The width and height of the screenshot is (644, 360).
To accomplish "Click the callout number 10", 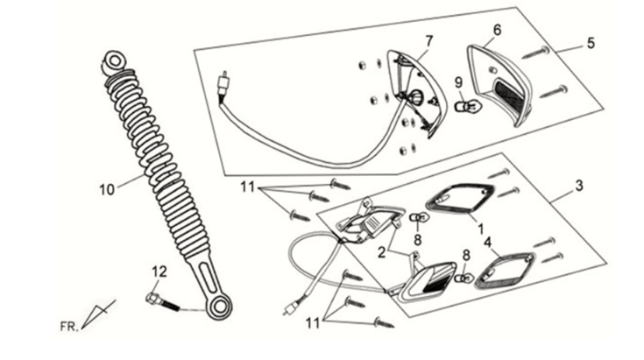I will click(x=106, y=187).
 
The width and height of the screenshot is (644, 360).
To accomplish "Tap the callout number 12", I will click(x=159, y=271).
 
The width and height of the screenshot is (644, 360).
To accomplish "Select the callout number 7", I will click(x=429, y=40).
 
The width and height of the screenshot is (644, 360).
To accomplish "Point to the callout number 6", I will click(x=497, y=29).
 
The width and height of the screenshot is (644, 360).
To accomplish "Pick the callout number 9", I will click(x=457, y=85).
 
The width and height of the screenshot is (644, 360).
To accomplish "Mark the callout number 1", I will click(x=479, y=226).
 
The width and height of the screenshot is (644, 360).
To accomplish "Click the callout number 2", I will click(x=382, y=252).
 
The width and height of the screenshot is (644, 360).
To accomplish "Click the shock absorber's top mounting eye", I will click(x=115, y=62).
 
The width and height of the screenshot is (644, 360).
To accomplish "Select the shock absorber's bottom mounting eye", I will click(x=219, y=307).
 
